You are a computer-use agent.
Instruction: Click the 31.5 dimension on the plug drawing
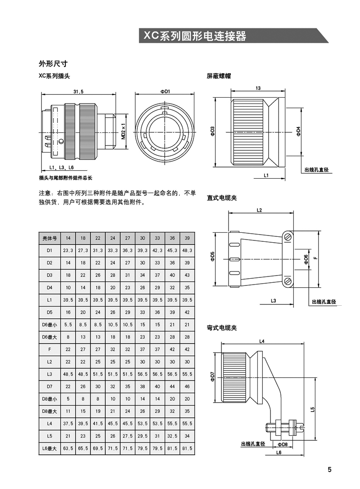79,91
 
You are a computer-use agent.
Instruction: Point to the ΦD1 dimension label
165,91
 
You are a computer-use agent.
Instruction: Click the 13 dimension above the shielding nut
257,88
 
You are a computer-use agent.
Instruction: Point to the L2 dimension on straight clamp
259,210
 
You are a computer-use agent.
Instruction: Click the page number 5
329,470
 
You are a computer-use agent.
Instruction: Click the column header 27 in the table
127,237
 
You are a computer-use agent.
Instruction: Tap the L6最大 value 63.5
68,448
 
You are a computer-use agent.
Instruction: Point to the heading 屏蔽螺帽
219,76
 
